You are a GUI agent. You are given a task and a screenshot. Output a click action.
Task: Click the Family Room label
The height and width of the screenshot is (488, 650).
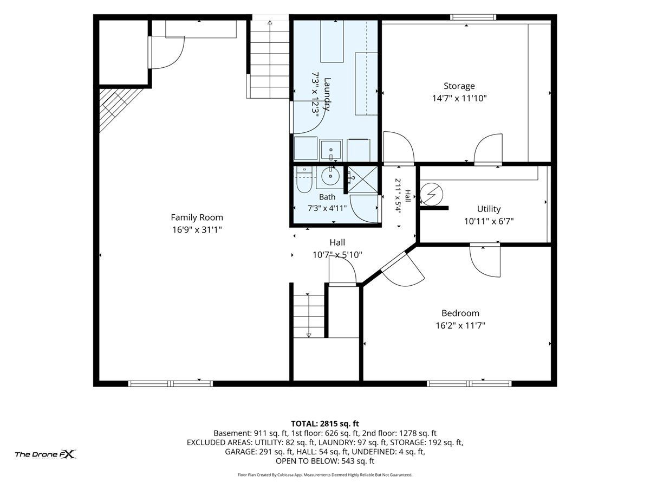point(197,217)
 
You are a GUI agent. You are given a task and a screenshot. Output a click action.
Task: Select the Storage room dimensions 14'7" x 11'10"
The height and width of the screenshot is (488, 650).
point(459,98)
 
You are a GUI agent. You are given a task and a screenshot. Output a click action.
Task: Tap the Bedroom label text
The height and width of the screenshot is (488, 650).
point(460,313)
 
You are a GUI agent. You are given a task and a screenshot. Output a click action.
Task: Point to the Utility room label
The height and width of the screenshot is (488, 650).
point(489,209)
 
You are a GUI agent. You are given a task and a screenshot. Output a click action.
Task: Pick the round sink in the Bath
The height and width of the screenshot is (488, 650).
point(330,176)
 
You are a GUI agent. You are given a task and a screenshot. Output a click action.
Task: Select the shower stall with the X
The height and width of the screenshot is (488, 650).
point(362,179)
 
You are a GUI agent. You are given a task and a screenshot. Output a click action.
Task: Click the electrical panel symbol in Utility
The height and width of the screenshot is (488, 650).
point(432,194)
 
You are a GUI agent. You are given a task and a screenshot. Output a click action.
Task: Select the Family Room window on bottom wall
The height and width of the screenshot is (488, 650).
point(171,384)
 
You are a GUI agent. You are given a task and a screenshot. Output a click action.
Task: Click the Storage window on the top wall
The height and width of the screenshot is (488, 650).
point(473,17)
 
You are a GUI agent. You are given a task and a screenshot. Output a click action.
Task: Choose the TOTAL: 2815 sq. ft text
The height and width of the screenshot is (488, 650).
point(325,423)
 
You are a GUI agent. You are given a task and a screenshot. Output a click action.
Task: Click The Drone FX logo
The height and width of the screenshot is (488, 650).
point(45,454)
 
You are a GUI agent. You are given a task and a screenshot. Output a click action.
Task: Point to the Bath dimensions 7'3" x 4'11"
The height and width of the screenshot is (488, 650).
point(327,208)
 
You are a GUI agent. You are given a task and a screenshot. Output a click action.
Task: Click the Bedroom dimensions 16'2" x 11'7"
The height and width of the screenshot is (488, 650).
point(460,326)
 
